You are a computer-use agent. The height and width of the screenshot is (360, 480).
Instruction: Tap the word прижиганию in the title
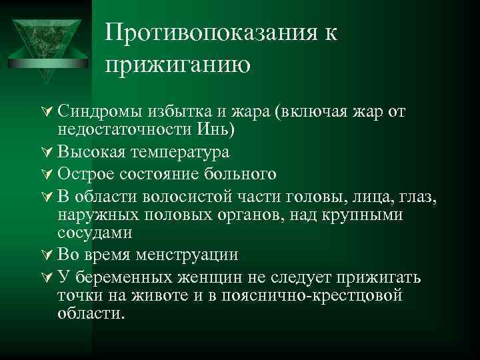point(177,65)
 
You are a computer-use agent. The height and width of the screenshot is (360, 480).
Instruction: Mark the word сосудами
point(95,232)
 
